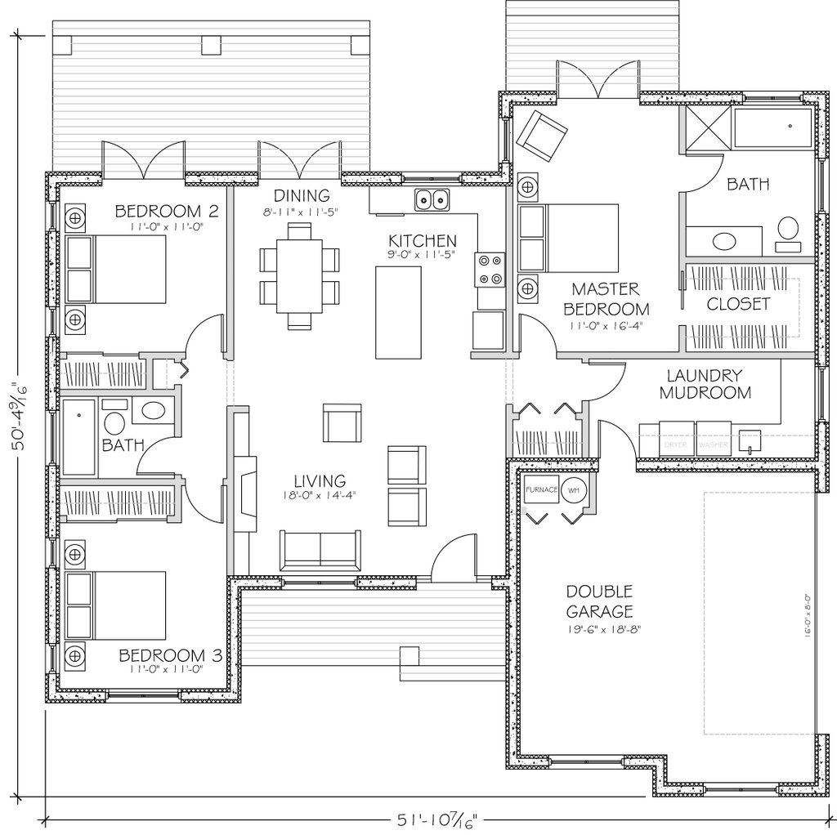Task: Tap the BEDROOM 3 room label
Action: pos(170,655)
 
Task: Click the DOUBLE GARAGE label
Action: pos(600,601)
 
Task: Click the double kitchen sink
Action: pos(432,199)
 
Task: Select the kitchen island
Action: pos(397,312)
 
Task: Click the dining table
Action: pos(300,275)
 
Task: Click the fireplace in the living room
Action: pos(244,494)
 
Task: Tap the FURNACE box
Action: pos(540,490)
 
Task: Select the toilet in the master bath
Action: pos(789,231)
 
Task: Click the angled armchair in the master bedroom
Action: pos(540,132)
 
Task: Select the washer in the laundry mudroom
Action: pos(714,439)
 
